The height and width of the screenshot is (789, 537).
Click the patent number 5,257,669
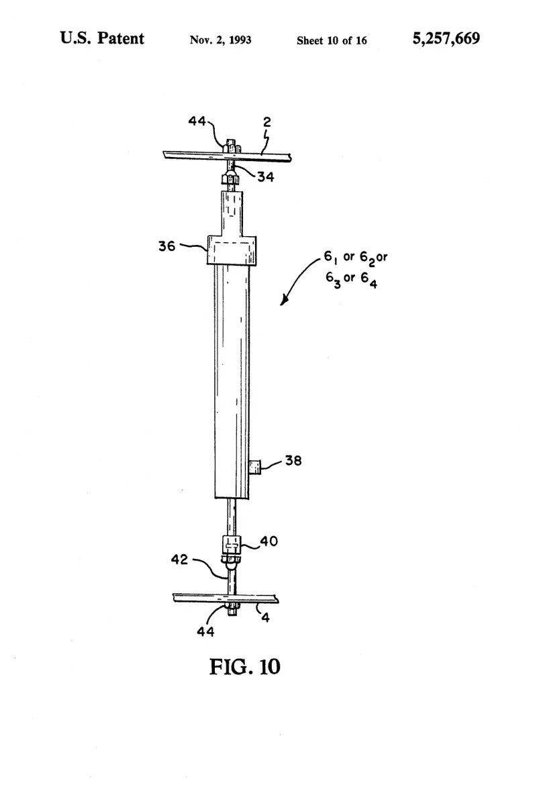(446, 39)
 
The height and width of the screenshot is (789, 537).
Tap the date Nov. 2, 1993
(220, 40)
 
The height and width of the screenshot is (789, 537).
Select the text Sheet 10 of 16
(332, 41)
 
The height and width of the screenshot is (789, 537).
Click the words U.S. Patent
(102, 38)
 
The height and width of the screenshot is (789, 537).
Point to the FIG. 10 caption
(244, 667)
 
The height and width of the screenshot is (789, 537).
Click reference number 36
(167, 246)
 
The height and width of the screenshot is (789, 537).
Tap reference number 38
(293, 460)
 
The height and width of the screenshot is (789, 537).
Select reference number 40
(268, 541)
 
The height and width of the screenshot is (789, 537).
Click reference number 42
(179, 559)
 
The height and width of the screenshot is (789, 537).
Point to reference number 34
(266, 176)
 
